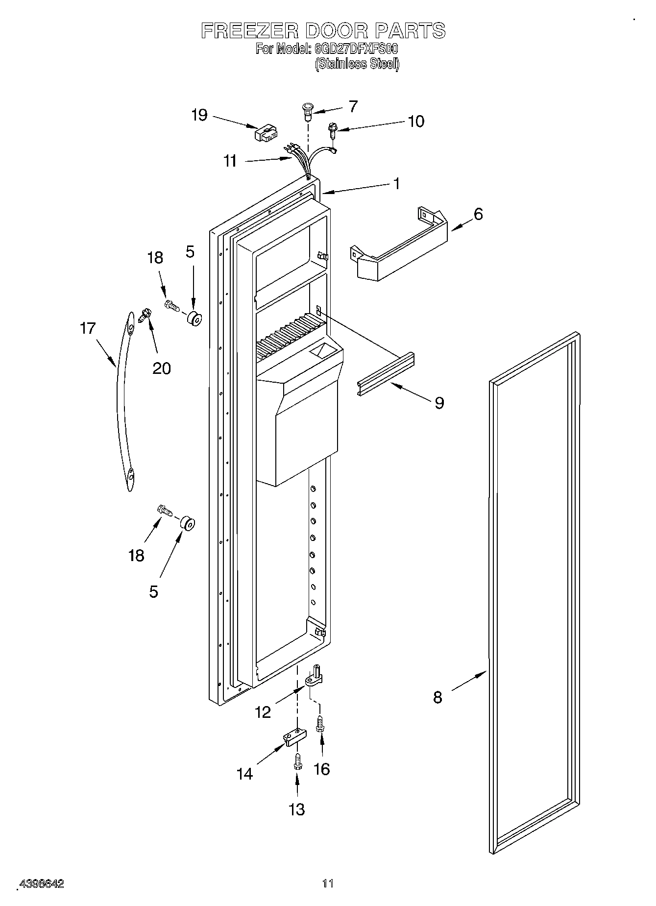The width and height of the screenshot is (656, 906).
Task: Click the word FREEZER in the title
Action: [249, 31]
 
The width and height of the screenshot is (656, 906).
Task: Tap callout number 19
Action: [199, 116]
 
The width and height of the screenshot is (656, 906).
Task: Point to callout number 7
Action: [353, 106]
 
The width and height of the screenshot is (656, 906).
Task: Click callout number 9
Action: [439, 403]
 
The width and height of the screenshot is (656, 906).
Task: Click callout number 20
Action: [162, 368]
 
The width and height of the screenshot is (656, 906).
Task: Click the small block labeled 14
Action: [294, 737]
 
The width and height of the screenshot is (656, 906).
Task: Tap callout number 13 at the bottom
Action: [297, 809]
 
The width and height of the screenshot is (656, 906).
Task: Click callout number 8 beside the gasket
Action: [437, 697]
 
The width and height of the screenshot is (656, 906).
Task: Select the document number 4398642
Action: [41, 884]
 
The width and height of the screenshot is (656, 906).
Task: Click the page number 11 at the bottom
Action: [328, 884]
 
